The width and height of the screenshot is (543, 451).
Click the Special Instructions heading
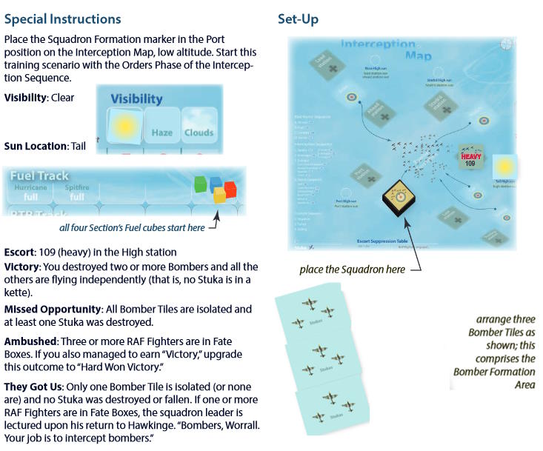62,19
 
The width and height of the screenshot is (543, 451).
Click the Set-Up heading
298,19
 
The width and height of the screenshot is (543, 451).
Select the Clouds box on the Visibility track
199,126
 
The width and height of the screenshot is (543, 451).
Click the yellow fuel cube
219,196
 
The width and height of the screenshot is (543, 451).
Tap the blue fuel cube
216,183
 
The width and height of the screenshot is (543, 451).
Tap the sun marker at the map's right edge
504,165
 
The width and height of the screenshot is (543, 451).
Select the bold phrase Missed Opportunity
51,309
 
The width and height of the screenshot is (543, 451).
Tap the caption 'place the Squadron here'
352,269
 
